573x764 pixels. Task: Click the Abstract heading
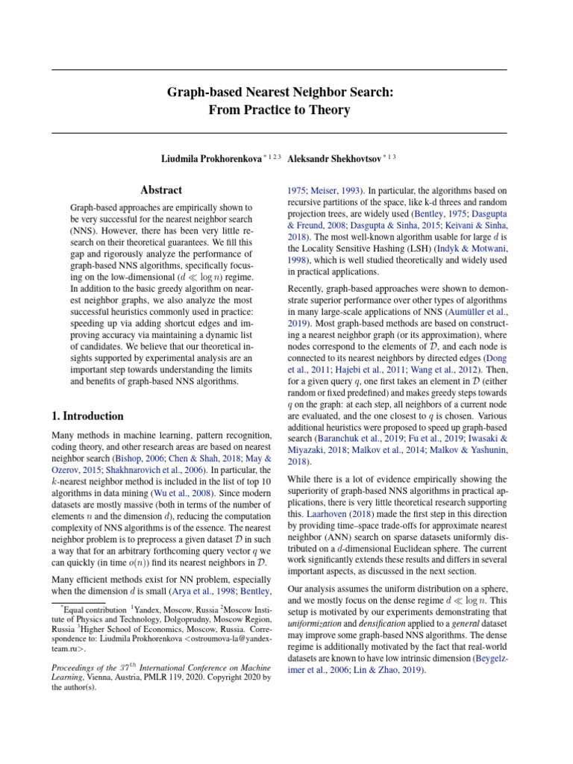tap(162, 190)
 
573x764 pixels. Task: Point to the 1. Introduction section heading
tap(87, 416)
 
